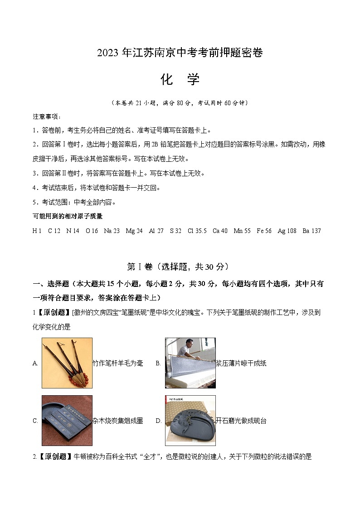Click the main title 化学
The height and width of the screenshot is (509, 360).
tap(180, 80)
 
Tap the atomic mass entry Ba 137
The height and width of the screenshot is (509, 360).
tap(311, 231)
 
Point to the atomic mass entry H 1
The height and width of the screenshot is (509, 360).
tap(37, 231)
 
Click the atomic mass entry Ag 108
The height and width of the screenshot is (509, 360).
tap(287, 231)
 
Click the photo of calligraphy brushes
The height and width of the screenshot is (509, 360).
tap(67, 363)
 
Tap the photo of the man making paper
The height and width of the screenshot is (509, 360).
tap(190, 363)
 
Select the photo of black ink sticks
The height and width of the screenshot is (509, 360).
tap(67, 421)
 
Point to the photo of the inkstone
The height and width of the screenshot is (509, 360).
tap(190, 421)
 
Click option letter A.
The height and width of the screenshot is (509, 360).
tap(35, 364)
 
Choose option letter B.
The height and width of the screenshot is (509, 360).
tap(158, 364)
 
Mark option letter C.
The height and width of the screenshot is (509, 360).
tap(35, 421)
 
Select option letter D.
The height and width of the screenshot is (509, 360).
tap(159, 421)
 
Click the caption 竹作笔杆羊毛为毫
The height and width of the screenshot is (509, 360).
tap(118, 364)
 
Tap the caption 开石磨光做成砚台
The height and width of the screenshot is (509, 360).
tap(241, 421)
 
